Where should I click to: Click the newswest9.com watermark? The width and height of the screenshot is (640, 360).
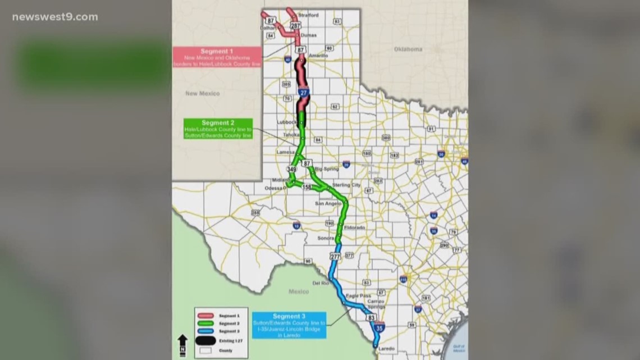coord(55,17)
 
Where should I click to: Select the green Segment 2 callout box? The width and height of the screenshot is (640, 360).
coord(218,129)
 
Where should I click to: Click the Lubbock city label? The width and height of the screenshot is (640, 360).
coord(287,122)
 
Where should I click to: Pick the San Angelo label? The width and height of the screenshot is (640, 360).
coord(328,203)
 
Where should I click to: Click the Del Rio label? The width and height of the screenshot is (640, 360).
coord(320,283)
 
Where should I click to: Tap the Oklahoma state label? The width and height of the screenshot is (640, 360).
coord(408,49)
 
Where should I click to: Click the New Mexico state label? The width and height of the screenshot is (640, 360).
coord(203,93)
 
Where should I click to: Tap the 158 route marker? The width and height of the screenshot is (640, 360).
coord(307,186)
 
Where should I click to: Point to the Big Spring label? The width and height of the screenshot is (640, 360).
coord(327,168)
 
